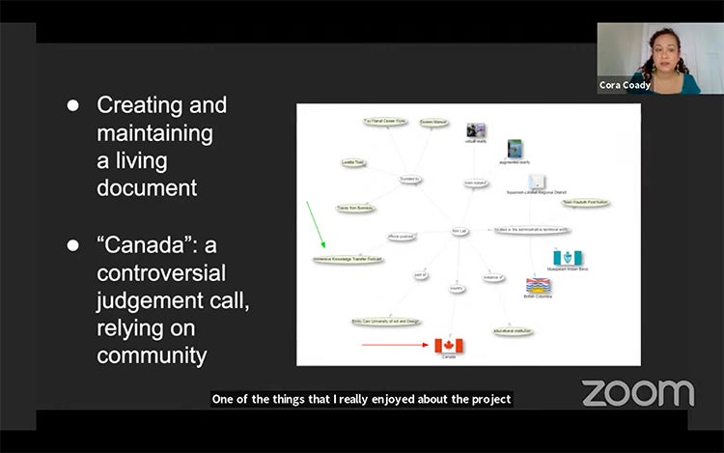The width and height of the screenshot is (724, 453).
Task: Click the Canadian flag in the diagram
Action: [448, 345]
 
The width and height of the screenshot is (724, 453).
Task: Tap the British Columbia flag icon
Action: [538, 286]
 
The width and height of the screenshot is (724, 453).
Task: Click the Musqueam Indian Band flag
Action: [568, 258]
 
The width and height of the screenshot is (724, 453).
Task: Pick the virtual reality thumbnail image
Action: [475, 130]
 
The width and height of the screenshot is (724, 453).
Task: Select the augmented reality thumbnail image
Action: [515, 149]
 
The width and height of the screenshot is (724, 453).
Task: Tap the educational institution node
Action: [514, 330]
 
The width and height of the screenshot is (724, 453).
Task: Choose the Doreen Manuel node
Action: [433, 123]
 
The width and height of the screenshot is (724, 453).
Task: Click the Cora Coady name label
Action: [624, 85]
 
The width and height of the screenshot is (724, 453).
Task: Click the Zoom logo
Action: [637, 392]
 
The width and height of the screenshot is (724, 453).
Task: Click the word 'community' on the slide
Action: [152, 354]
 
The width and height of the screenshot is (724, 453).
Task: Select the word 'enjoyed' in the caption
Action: [396, 399]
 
